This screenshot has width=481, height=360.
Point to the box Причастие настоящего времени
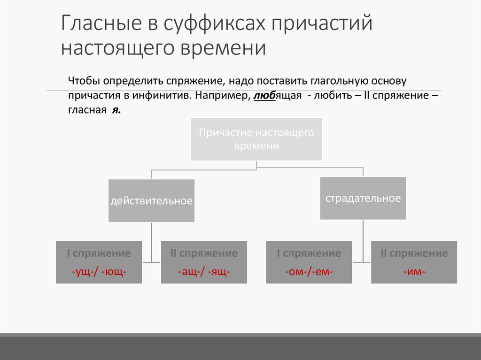[256, 139]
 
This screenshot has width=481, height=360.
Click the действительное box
[151, 201]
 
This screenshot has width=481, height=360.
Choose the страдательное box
[363, 198]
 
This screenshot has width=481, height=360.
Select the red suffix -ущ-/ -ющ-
[99, 272]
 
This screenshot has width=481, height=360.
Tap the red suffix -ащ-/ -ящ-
[204, 272]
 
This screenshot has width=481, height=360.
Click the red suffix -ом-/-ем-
[309, 272]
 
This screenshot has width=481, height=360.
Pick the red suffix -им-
[414, 272]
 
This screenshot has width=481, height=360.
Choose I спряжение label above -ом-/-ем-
[309, 253]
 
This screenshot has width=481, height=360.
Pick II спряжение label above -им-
[414, 253]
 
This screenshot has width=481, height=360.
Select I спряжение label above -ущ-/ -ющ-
[99, 253]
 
